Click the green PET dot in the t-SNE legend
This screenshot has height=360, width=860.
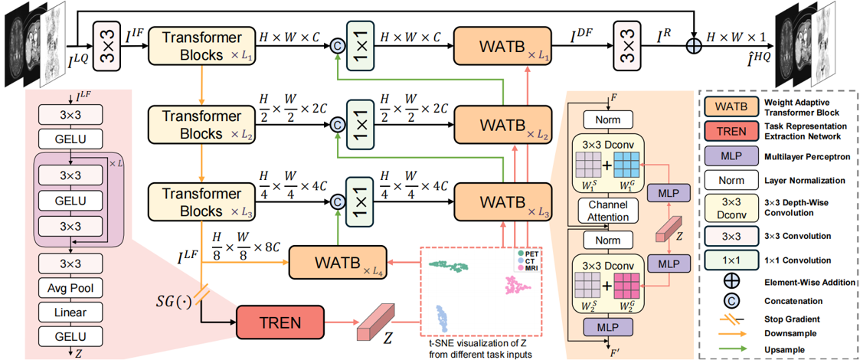click(520, 253)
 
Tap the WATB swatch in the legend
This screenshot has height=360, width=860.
click(728, 106)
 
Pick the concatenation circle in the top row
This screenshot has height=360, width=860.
click(335, 45)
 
